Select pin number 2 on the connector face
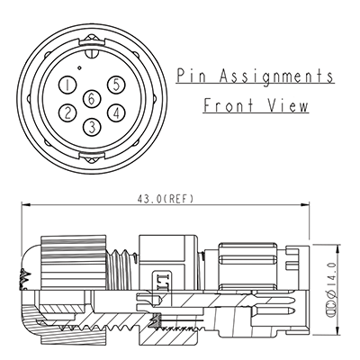(x=67, y=113)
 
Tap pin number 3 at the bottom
(x=92, y=126)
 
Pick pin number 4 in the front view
(x=116, y=113)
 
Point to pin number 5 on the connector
(x=114, y=85)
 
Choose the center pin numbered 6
(x=92, y=100)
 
